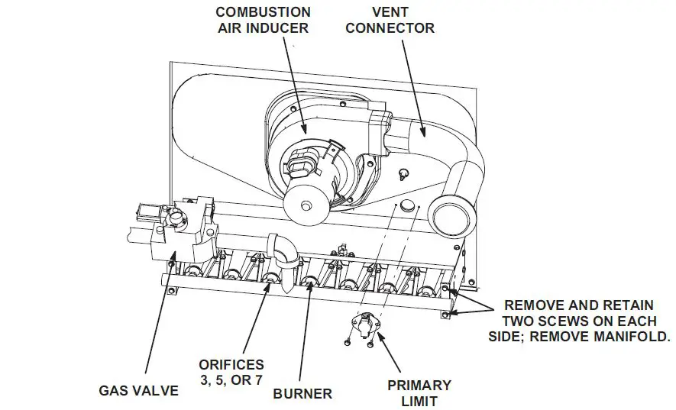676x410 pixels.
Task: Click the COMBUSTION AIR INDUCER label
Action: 263,21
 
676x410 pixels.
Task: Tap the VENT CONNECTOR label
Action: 400,21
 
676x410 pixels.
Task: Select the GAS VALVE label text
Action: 138,390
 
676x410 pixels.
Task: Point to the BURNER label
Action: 302,394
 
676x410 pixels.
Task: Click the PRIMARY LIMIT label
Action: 419,392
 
